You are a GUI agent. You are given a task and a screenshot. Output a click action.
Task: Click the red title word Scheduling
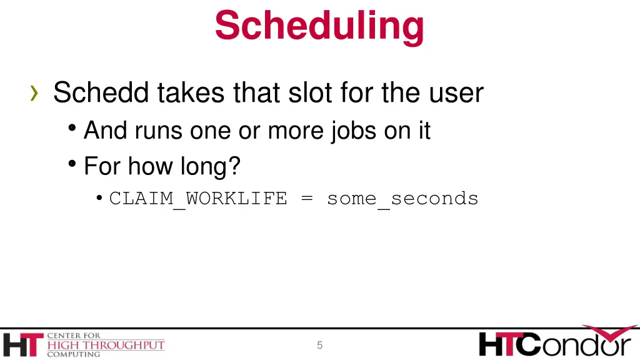pyautogui.click(x=319, y=26)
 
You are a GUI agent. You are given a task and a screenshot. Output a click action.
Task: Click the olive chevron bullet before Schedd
pyautogui.click(x=34, y=94)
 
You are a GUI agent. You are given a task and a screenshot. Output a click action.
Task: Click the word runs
pyautogui.click(x=156, y=130)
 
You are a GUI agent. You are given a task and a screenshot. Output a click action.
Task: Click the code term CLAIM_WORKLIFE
pyautogui.click(x=198, y=199)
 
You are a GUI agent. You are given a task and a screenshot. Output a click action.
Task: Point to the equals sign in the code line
pyautogui.click(x=307, y=199)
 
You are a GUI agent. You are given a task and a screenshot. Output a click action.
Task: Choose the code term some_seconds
pyautogui.click(x=402, y=199)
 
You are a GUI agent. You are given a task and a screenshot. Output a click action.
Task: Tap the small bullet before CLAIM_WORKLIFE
pyautogui.click(x=100, y=199)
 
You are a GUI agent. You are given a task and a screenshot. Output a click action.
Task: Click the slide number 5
pyautogui.click(x=319, y=345)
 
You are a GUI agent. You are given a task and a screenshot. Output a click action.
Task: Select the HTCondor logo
pyautogui.click(x=555, y=342)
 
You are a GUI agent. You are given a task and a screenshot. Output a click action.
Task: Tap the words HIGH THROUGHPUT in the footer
pyautogui.click(x=106, y=345)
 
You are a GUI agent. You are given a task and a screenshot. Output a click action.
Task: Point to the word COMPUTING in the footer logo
pyautogui.click(x=73, y=354)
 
